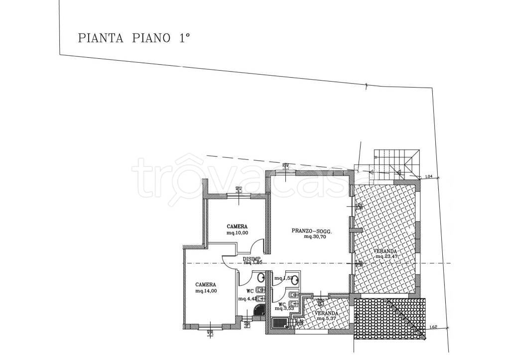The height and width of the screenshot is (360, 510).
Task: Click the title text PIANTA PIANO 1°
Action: (x=134, y=38)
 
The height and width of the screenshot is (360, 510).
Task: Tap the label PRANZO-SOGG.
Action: (x=311, y=231)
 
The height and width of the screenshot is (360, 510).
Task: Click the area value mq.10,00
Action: (x=237, y=232)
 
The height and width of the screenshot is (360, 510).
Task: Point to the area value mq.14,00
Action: (x=206, y=291)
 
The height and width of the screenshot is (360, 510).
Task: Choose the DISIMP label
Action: (x=252, y=258)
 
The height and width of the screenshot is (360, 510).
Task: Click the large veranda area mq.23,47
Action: (x=386, y=257)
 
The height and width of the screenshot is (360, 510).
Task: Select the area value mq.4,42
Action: (x=247, y=299)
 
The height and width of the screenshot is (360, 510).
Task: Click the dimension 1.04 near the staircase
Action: (x=429, y=177)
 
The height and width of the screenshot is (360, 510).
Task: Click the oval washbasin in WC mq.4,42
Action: (x=259, y=277)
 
